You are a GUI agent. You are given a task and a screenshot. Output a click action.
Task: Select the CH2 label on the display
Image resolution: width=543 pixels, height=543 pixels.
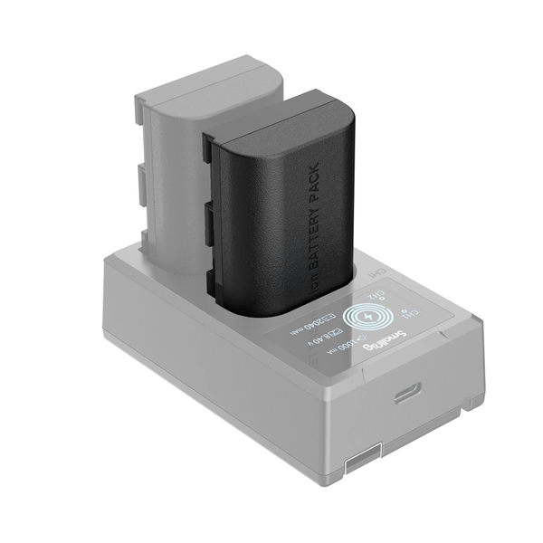(x=372, y=292)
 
